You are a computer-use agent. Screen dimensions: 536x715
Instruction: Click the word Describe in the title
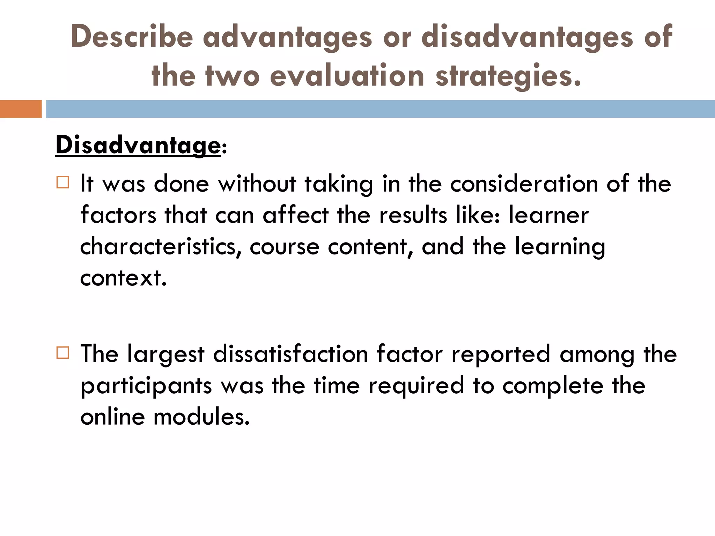[x=132, y=37]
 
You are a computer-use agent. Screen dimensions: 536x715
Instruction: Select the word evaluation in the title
[x=347, y=76]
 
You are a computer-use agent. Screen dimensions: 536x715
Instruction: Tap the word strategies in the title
[x=508, y=76]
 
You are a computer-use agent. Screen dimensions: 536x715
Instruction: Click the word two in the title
[x=233, y=76]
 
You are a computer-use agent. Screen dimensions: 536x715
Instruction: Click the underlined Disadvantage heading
[x=138, y=145]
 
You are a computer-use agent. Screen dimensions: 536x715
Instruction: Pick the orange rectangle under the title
[x=21, y=109]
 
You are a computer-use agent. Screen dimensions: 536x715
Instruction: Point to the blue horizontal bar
[x=380, y=109]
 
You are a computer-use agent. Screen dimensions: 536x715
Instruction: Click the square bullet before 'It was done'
[x=62, y=183]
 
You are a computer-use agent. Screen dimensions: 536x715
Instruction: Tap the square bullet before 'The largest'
[x=62, y=353]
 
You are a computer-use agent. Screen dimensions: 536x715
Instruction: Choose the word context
[x=123, y=278]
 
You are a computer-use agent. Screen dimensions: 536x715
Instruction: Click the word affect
[x=296, y=215]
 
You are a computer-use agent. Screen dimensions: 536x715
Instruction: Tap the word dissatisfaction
[x=290, y=354]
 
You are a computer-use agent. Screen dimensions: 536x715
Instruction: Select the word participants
[x=146, y=386]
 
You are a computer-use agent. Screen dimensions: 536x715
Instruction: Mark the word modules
[x=201, y=417]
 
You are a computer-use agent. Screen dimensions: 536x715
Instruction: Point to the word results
[x=413, y=215]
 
